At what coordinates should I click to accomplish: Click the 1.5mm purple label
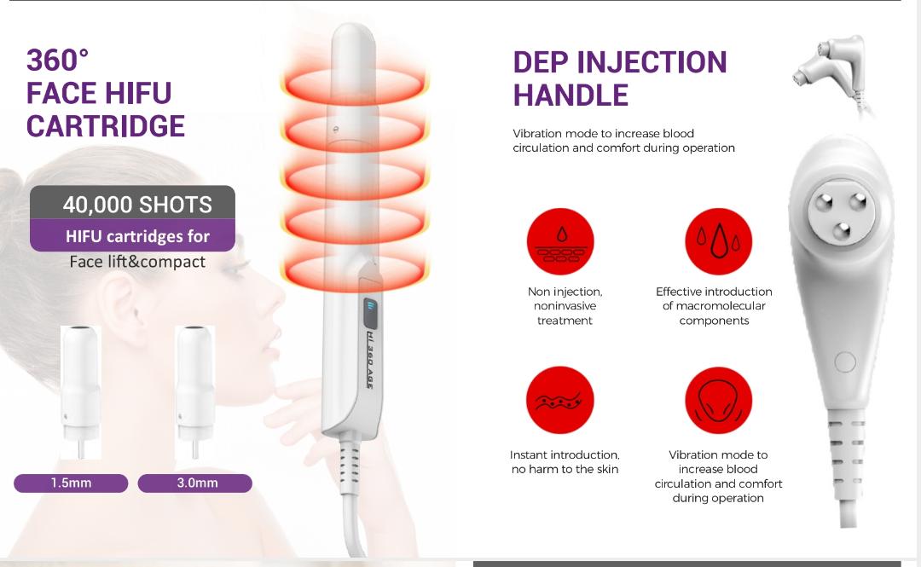point(71,483)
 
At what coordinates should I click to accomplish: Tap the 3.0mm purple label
point(195,483)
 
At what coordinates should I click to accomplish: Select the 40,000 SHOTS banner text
point(137,205)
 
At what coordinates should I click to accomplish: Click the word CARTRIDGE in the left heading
point(106,126)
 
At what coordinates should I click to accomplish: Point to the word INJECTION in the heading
point(652,62)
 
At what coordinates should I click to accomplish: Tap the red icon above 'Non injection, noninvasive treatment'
point(560,241)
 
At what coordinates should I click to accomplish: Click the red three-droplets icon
point(718,241)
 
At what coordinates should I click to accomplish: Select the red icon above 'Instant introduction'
point(560,400)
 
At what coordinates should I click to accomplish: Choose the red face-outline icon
point(718,400)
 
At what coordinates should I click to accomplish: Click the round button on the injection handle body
point(844,362)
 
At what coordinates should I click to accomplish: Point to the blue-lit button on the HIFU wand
point(370,313)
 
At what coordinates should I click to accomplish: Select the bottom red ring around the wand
point(354,271)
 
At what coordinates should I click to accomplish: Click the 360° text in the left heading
point(58,60)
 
